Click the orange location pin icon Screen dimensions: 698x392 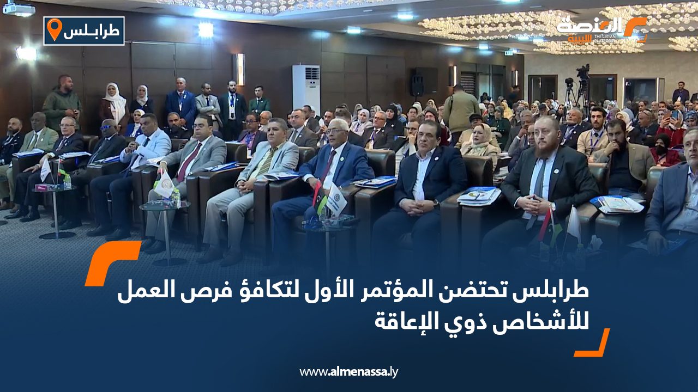click(x=55, y=29)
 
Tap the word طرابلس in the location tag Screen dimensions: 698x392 click(x=92, y=31)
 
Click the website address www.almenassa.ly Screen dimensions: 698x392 click(x=348, y=371)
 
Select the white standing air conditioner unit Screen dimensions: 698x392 click(x=306, y=89)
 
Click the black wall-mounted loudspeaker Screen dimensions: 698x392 click(x=417, y=82)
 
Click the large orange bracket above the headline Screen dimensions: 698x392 click(x=113, y=263)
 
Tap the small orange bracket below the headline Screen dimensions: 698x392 click(x=592, y=342)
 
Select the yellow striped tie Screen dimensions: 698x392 click(x=266, y=162)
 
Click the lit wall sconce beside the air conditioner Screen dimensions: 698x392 click(x=240, y=69)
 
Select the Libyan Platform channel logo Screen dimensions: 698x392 click(x=601, y=29)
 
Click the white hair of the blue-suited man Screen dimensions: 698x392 click(x=339, y=123)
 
